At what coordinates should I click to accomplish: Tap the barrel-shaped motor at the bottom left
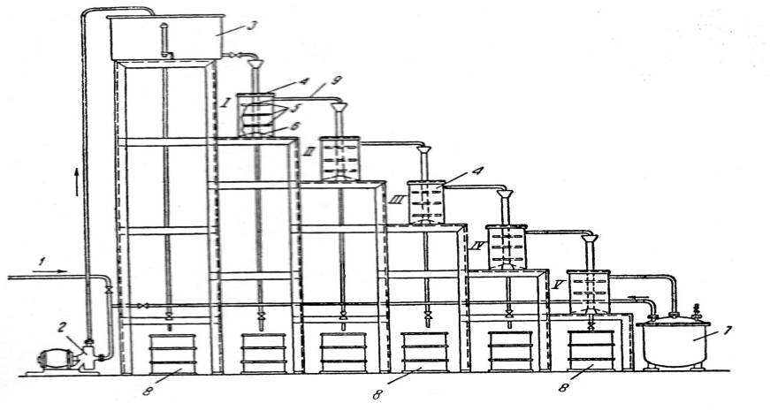point(50,362)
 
